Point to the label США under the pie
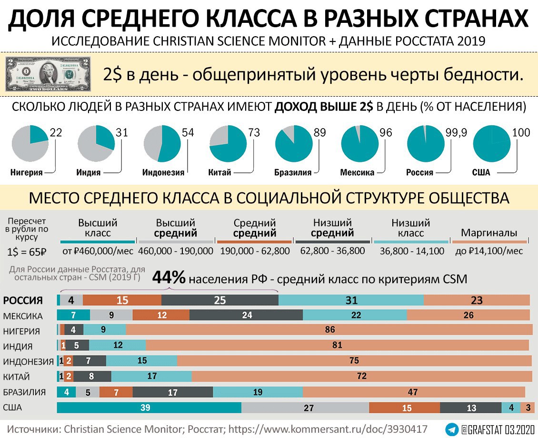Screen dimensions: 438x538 [481, 172]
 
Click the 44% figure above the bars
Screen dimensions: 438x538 [169, 278]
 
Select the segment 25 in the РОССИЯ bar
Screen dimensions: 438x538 [219, 300]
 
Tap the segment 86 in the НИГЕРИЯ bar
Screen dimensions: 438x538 [329, 330]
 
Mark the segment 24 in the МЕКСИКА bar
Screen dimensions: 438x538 [246, 315]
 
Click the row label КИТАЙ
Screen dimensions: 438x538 [16, 377]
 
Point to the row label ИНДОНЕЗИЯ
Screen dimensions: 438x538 [28, 361]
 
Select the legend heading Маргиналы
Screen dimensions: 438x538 [488, 233]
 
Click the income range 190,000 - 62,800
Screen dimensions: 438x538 [255, 251]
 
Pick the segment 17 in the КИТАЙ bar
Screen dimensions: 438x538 [151, 376]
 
